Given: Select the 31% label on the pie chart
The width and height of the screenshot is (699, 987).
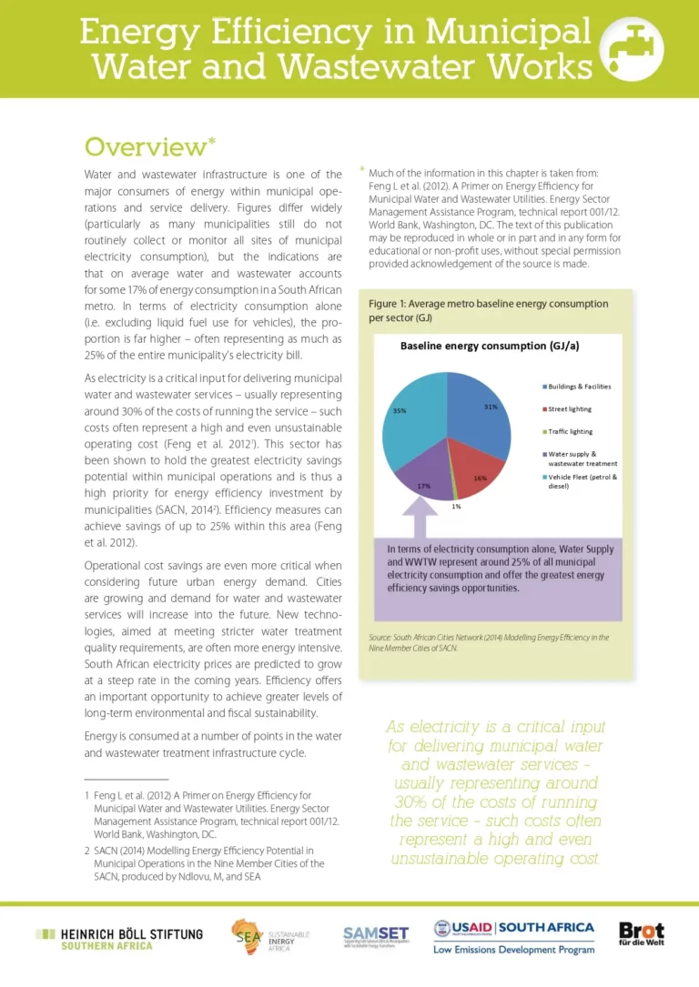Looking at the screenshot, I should pyautogui.click(x=491, y=407).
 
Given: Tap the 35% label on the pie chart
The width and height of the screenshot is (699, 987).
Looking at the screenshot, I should pyautogui.click(x=399, y=411).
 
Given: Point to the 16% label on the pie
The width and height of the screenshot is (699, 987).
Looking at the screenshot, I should pyautogui.click(x=481, y=478).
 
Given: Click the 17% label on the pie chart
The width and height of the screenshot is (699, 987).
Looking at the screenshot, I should pyautogui.click(x=423, y=486).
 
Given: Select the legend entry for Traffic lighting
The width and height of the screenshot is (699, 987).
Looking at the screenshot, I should pyautogui.click(x=569, y=431).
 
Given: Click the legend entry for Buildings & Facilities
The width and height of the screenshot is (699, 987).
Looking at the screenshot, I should pyautogui.click(x=579, y=387).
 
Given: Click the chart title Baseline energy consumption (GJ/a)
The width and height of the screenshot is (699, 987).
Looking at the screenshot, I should pyautogui.click(x=490, y=347).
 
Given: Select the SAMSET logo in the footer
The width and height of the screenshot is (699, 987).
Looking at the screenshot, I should pyautogui.click(x=375, y=938).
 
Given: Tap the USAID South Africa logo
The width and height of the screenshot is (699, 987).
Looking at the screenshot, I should pyautogui.click(x=514, y=936).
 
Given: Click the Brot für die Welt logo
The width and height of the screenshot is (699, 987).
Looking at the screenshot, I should pyautogui.click(x=641, y=936).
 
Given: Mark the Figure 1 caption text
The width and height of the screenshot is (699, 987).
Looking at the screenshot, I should pyautogui.click(x=488, y=310).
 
